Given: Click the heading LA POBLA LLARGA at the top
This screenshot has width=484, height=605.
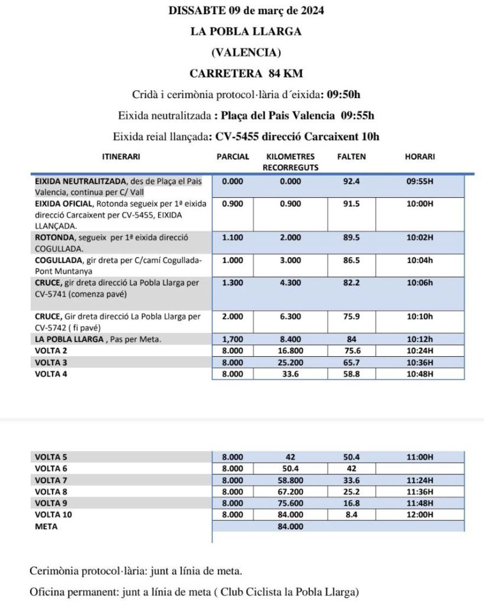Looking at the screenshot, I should point(246,31).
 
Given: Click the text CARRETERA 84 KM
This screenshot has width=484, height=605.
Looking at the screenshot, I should point(246,74).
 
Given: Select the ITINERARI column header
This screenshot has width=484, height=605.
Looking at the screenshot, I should point(121,157).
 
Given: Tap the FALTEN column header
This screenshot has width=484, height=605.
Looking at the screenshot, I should point(351,157).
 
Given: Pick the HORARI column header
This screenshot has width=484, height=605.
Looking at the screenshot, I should point(420,157).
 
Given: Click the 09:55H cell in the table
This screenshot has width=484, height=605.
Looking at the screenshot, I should point(420,182).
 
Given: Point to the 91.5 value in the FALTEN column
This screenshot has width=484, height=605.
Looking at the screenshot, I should point(352,203).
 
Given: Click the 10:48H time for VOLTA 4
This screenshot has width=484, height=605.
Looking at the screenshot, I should point(420,373).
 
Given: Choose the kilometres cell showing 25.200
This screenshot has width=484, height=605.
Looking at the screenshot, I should point(290,362).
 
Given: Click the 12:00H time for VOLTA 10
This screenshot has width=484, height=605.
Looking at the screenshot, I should point(420,515).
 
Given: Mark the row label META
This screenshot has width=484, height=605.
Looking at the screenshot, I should point(46,526).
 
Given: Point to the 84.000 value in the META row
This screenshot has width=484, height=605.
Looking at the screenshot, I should point(290,526).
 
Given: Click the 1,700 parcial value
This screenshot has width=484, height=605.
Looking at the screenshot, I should point(232,339).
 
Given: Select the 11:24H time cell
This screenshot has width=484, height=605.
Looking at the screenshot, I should point(420,480).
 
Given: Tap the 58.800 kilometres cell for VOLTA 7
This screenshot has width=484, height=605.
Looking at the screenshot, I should point(290,480).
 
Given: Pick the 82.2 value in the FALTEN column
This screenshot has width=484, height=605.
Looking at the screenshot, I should point(352,283).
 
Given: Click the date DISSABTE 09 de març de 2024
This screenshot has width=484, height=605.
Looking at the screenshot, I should point(246,11).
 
